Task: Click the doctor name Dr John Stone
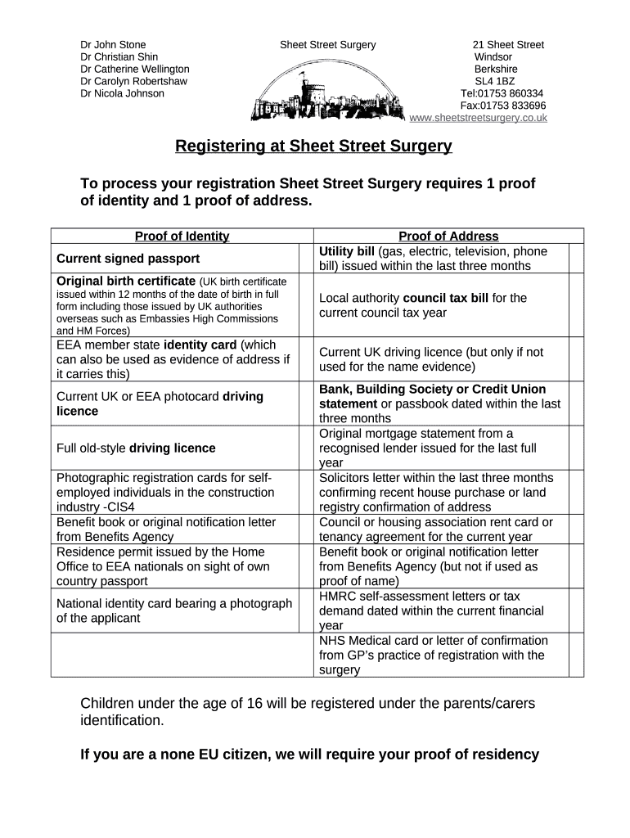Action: point(113,45)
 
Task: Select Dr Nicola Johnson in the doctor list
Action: point(122,93)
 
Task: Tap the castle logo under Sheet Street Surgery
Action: point(327,94)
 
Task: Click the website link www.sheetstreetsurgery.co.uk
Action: point(478,118)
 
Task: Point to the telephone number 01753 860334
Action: point(511,93)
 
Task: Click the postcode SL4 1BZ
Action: point(495,81)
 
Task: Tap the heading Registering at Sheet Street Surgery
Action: point(313,146)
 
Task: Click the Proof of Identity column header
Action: point(182,237)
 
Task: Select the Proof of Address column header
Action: point(448,237)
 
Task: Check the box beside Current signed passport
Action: point(305,259)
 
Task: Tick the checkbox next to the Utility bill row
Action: point(575,259)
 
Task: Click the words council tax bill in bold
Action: point(446,298)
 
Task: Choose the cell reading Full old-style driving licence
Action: point(136,448)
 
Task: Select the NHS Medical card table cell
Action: point(434,655)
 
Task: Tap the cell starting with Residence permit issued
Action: point(173,566)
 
